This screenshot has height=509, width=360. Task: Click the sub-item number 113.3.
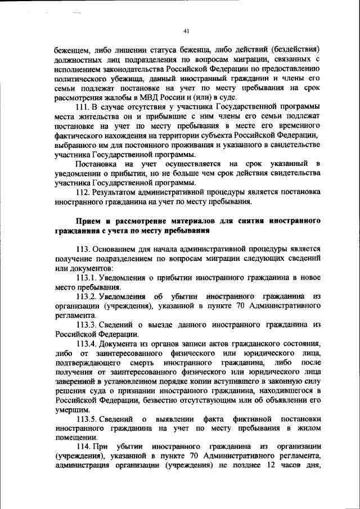[x=88, y=325]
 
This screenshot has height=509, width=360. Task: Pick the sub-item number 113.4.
[x=88, y=344]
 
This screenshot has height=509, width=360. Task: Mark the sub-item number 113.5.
[x=88, y=419]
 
